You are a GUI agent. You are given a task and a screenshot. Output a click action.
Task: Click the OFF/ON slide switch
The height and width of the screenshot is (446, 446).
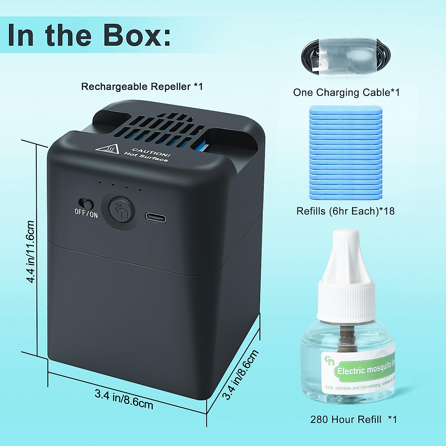click(x=86, y=204)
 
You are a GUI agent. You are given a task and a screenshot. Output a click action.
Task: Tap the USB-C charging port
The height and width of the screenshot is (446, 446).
click(x=155, y=217)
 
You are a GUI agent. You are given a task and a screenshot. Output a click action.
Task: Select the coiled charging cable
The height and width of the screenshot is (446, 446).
click(x=346, y=57)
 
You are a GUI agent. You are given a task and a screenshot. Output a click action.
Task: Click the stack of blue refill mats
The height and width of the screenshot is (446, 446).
click(x=346, y=152)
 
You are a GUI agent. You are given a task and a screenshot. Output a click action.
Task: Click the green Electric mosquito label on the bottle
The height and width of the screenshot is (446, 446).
click(x=359, y=370)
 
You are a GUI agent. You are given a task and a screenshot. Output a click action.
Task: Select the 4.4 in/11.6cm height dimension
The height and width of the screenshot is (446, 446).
click(x=30, y=251)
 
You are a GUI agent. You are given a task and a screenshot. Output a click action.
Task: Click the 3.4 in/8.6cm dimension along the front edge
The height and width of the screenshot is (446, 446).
click(x=124, y=399)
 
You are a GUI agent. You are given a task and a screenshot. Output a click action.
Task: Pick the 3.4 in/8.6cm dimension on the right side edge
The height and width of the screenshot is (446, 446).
click(x=240, y=374)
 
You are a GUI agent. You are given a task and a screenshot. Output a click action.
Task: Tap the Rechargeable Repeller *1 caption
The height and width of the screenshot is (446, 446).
click(x=142, y=87)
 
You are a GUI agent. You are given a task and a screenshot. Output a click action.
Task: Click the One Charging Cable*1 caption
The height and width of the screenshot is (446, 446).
click(x=346, y=93)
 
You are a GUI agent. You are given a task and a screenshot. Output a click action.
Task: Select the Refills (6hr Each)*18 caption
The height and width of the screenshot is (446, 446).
click(x=345, y=211)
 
